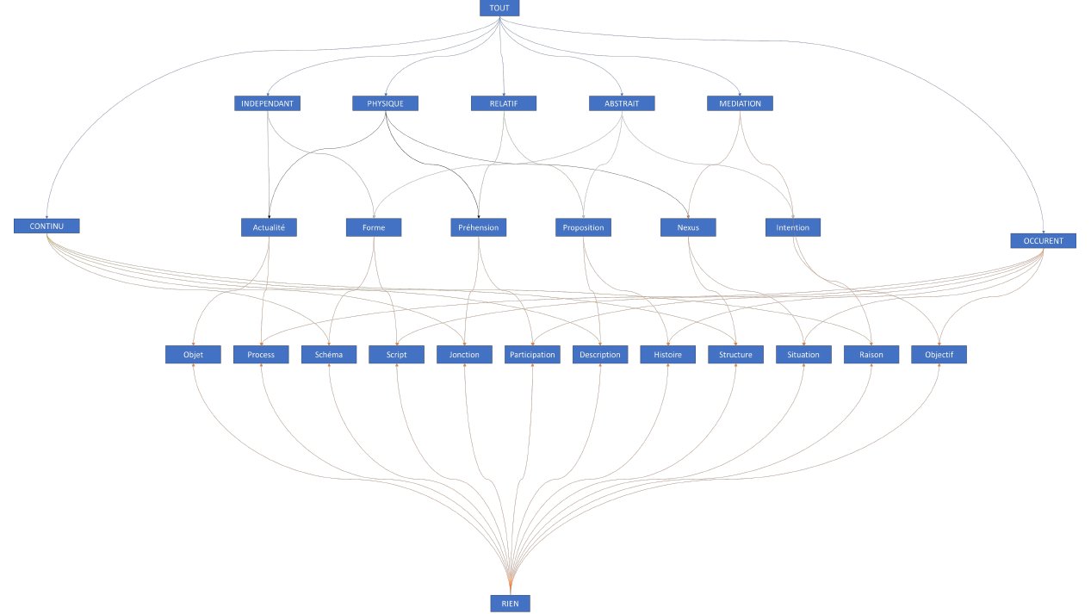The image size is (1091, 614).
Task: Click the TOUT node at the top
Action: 499,8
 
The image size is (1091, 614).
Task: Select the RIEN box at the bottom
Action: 510,604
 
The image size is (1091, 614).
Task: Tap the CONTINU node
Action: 46,226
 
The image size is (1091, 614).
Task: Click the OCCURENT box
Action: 1044,240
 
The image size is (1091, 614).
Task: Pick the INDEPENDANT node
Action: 268,103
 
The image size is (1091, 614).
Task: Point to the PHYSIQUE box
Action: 385,103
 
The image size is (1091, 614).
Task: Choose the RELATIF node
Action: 504,103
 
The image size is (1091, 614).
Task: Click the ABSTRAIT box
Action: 622,103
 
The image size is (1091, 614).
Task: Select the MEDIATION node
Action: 740,103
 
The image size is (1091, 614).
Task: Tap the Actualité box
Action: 269,227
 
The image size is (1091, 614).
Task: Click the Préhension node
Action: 478,227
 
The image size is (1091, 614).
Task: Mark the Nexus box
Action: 688,227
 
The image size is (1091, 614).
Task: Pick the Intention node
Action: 793,227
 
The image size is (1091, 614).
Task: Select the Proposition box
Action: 583,227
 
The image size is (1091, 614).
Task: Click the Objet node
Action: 194,355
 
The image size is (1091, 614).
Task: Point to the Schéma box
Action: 329,355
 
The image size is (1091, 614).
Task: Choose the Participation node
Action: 532,355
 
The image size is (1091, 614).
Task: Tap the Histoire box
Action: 667,355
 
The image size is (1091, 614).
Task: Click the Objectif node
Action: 939,355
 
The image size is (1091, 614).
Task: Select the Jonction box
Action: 464,355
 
